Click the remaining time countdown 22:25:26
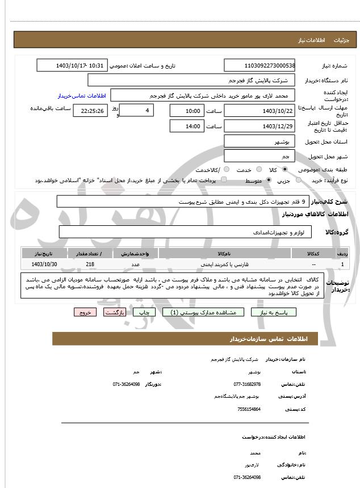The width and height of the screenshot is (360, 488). point(90,111)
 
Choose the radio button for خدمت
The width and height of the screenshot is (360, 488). point(258,170)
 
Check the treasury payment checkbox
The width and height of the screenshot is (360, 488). point(223,180)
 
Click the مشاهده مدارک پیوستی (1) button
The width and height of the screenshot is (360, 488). point(203,312)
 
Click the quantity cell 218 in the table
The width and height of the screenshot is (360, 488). point(90,264)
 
